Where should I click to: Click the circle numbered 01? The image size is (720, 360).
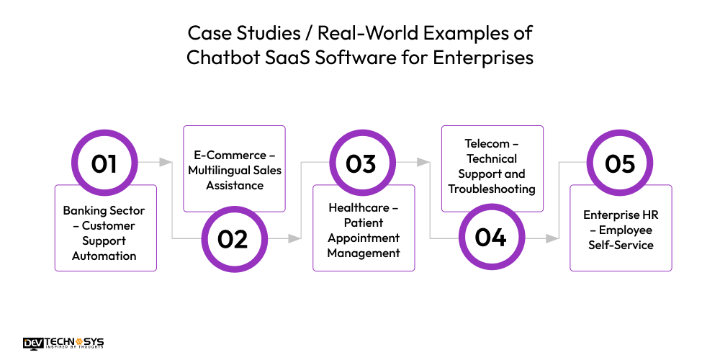104,163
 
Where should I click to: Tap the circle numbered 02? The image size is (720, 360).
233,238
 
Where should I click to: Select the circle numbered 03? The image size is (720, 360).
361,163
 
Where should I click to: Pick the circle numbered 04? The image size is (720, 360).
490,238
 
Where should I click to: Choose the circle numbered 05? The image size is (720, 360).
619,163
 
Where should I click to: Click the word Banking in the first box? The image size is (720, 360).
84,211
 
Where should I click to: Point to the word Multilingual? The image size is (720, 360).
216,170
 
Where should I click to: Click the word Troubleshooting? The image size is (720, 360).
492,189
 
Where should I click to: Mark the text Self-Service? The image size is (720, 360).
621,245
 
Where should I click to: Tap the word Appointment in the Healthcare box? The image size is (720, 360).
364,238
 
